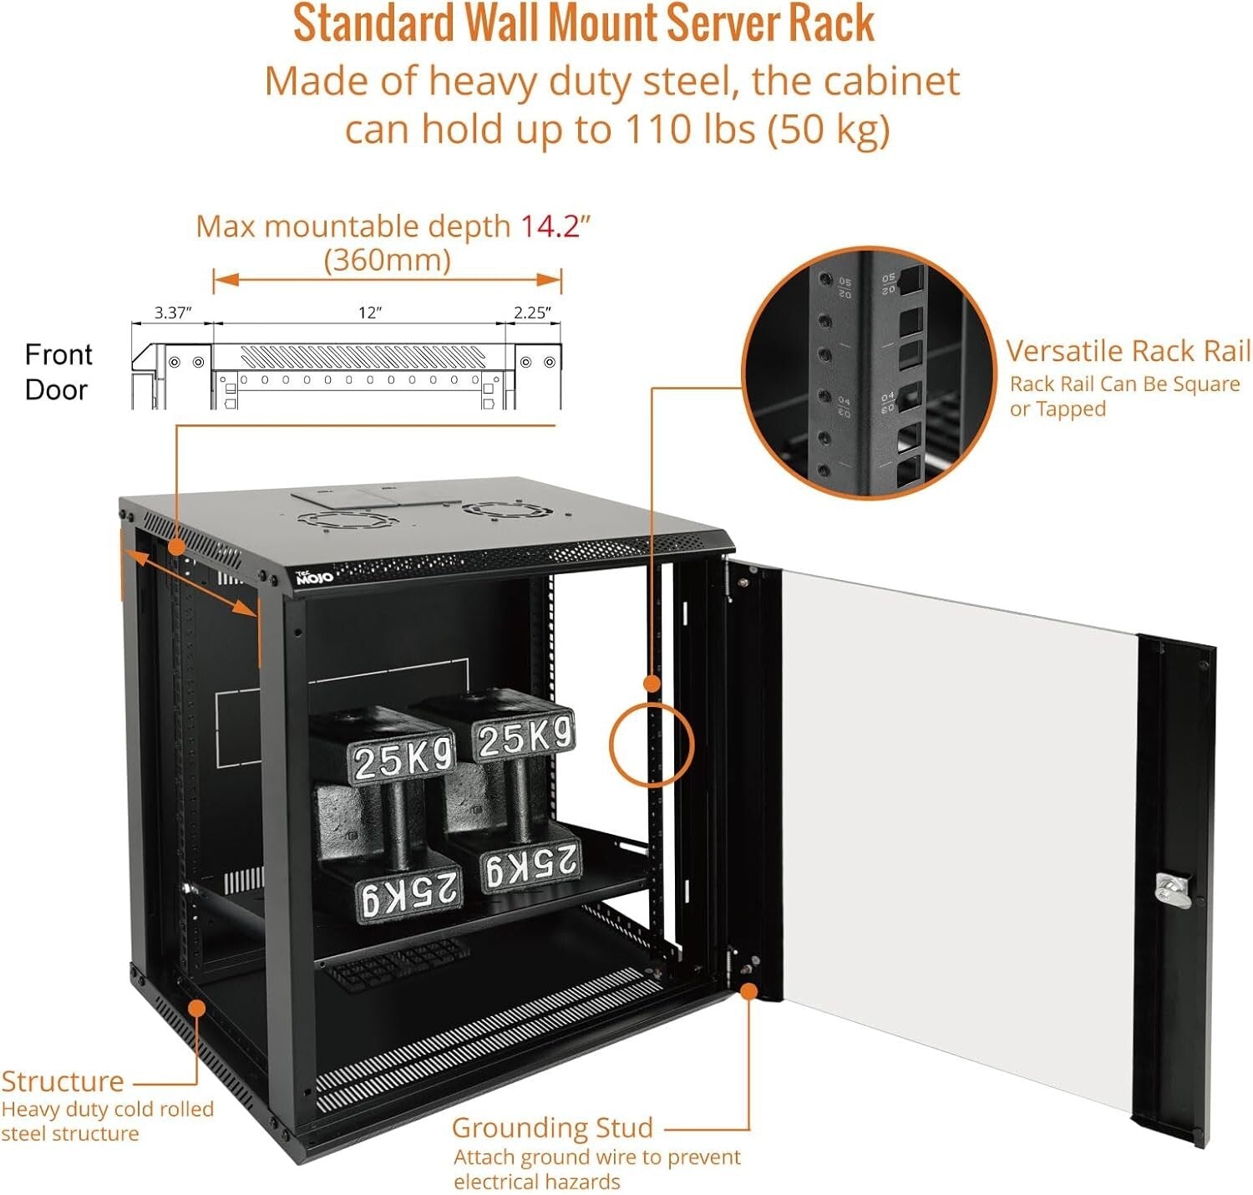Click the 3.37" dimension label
coord(173,313)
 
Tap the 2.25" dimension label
coord(532,313)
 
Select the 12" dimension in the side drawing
coord(369,313)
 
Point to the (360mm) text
coord(387,260)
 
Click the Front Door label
coord(58,372)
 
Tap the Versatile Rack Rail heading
coord(1128,351)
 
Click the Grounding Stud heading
coord(552,1127)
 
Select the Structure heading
coord(63,1081)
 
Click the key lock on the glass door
coord(1172,889)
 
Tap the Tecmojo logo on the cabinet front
coord(315,576)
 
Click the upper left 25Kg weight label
coord(403,760)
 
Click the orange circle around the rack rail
coord(652,744)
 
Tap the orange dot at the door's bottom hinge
coord(749,991)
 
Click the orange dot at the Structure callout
coord(196,1008)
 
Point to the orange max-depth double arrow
coord(387,280)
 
